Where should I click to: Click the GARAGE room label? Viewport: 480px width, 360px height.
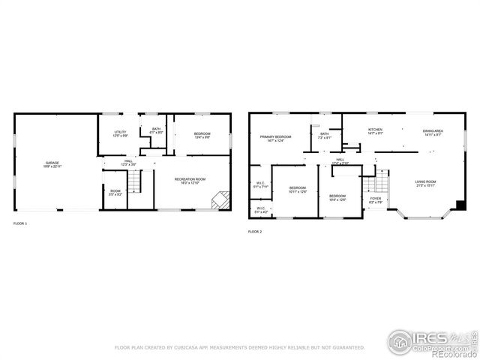point(52,163)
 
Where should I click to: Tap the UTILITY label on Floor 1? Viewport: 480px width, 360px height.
point(120,133)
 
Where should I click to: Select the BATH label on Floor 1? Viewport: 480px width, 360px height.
point(156,129)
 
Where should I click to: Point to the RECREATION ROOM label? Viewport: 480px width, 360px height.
point(190,179)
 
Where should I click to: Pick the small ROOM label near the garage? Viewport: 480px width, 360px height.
point(115,191)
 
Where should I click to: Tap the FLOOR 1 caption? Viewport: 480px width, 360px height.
point(20,223)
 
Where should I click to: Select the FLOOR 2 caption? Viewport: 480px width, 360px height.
point(255,232)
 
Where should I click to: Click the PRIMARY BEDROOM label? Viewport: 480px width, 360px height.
point(275,137)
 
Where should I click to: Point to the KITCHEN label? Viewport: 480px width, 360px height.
point(375,130)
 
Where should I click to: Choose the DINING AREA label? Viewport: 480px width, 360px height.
point(433,131)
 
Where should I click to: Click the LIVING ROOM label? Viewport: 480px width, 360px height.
point(426,181)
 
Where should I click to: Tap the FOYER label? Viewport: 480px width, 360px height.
point(375,199)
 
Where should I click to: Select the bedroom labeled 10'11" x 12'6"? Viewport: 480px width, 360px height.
point(298,187)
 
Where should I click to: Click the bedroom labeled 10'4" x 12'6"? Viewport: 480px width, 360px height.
point(337,196)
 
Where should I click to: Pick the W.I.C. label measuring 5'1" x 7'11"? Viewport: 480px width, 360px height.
point(260,183)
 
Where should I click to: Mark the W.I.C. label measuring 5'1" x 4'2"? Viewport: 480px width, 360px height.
point(260,208)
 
